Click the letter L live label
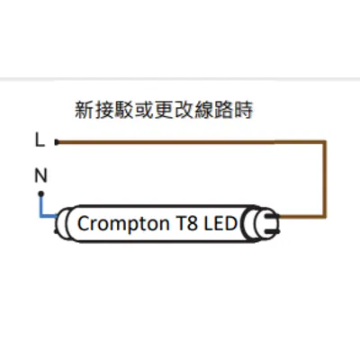(x=40, y=139)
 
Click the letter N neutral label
(x=41, y=175)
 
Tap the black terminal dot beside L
(x=57, y=142)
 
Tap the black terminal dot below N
(x=41, y=194)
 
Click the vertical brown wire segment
(x=324, y=179)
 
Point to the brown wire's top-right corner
(x=325, y=142)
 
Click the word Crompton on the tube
(x=123, y=224)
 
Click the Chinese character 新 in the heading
(x=84, y=110)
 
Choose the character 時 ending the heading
(x=243, y=110)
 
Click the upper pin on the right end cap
(x=275, y=216)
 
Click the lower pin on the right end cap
(x=275, y=231)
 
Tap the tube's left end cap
(x=62, y=223)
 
